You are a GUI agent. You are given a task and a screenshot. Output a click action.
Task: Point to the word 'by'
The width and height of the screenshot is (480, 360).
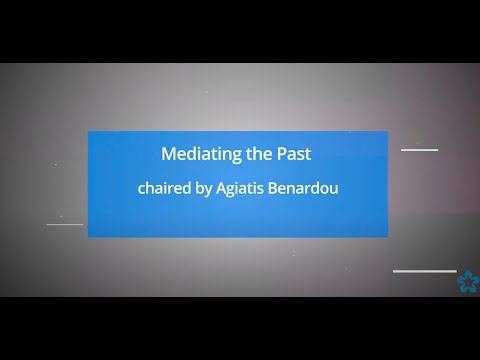(x=205, y=187)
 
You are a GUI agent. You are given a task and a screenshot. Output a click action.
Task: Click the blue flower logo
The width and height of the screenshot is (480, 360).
(x=467, y=282)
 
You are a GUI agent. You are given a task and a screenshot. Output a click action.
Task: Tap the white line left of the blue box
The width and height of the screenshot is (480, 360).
(x=65, y=224)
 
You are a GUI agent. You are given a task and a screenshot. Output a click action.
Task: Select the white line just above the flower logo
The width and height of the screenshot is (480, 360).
(x=424, y=271)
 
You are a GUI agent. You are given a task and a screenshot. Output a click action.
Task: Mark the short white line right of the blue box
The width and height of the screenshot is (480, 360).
(x=420, y=150)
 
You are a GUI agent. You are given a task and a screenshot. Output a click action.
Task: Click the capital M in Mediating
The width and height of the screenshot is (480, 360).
(x=168, y=155)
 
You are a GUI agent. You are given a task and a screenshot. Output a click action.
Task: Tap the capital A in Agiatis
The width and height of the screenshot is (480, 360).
(x=221, y=186)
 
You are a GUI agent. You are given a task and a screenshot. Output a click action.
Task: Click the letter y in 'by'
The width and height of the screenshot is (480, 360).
(x=208, y=188)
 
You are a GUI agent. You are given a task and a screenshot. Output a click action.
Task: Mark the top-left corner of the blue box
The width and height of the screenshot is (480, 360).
(x=89, y=132)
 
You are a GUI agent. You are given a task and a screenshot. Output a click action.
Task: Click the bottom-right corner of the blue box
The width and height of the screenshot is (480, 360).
(x=386, y=236)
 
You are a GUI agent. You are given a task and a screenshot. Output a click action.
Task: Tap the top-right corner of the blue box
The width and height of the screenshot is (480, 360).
(x=386, y=132)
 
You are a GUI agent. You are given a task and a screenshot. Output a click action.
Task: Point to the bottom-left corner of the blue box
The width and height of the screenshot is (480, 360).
(x=89, y=236)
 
